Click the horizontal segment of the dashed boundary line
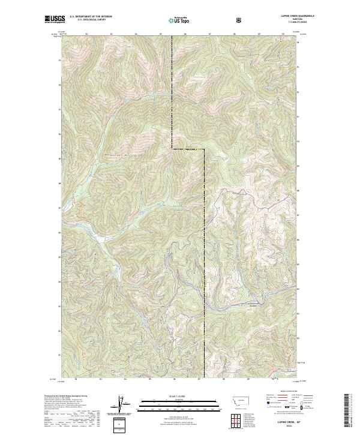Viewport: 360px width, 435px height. tap(188, 148)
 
